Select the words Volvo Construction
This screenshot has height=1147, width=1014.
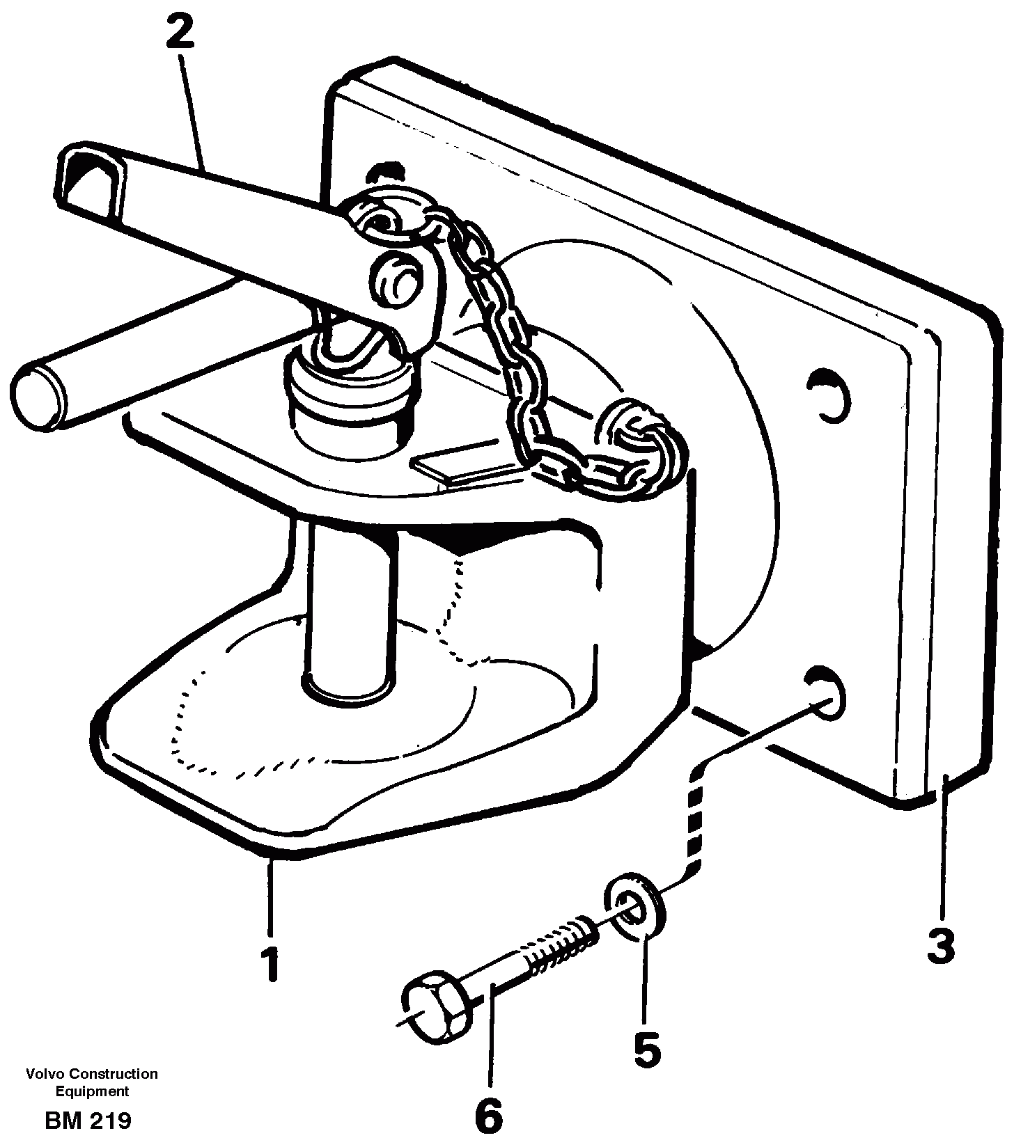(92, 1074)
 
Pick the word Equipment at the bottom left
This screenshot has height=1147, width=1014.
(92, 1091)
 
